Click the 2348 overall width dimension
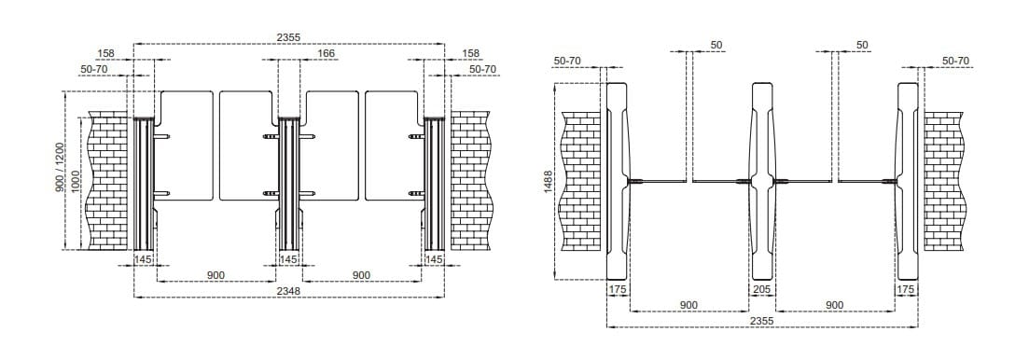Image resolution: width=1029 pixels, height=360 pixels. click(x=288, y=291)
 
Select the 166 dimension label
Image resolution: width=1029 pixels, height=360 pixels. click(x=326, y=54)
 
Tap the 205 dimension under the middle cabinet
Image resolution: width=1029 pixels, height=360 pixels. click(x=763, y=290)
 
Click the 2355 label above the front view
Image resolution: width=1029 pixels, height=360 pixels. click(x=288, y=37)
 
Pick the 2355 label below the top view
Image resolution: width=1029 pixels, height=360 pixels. click(x=761, y=320)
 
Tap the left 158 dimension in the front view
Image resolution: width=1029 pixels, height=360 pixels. click(x=105, y=54)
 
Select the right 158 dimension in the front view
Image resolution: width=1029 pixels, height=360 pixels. click(x=470, y=54)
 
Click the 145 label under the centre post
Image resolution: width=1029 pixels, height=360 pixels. click(x=288, y=259)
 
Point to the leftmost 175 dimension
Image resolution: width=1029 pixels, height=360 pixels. click(x=618, y=290)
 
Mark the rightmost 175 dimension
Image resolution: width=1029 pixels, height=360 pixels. click(x=905, y=290)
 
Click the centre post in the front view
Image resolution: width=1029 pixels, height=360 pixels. click(x=288, y=182)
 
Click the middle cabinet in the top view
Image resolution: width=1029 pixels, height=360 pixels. click(x=763, y=181)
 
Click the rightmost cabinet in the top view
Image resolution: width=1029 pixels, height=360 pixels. click(x=908, y=181)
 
